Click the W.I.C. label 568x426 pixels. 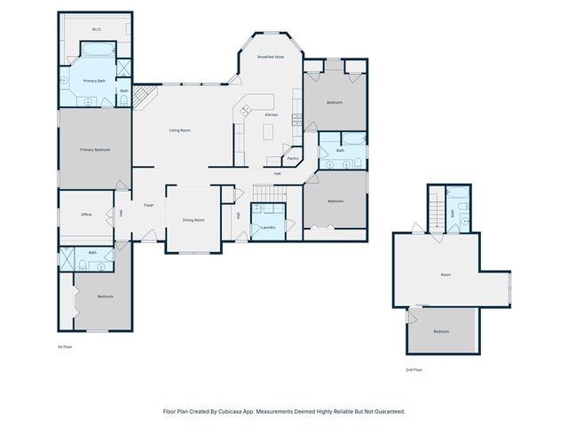pos(97,29)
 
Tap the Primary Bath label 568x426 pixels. pos(94,81)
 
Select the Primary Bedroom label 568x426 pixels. pos(95,150)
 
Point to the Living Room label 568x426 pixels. pos(180,130)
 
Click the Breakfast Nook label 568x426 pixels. pos(271,57)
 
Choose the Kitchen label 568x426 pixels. pos(272,115)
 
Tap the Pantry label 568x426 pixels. pos(293,159)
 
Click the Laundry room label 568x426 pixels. pos(268,228)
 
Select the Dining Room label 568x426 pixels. pos(193,219)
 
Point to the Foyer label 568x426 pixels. pos(149,205)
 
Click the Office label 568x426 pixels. pos(86,214)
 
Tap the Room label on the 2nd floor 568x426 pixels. pos(446,275)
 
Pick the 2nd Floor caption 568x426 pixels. pos(414,368)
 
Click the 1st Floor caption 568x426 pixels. pos(65,347)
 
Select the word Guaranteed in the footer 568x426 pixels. pos(388,411)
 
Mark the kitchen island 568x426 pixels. pos(270,132)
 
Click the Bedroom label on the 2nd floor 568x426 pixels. pos(441,331)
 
